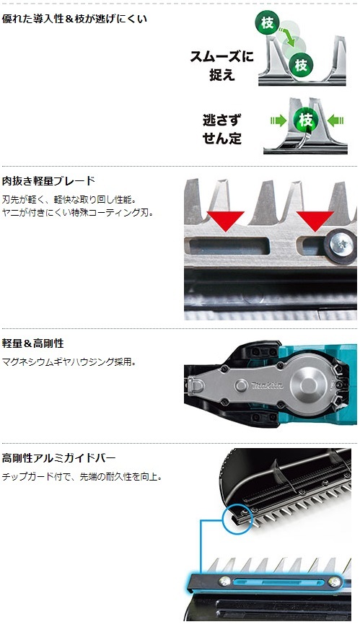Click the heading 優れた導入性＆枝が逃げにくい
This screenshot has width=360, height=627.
click(x=74, y=19)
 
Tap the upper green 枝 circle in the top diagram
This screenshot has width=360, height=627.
click(x=267, y=22)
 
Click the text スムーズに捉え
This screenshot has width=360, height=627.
click(x=221, y=65)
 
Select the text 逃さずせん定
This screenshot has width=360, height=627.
click(x=222, y=128)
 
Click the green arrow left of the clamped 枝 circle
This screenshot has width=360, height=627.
click(x=278, y=120)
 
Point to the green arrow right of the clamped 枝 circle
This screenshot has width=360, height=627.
click(x=335, y=120)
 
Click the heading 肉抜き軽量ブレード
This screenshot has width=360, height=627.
click(x=48, y=181)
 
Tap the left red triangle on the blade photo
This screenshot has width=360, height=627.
click(x=225, y=221)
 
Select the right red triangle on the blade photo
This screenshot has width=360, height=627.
click(x=315, y=221)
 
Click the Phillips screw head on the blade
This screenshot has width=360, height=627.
click(x=341, y=245)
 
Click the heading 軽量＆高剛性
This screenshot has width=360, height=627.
click(x=32, y=343)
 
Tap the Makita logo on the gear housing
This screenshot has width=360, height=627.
click(x=267, y=385)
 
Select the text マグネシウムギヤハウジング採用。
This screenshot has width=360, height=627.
click(x=69, y=362)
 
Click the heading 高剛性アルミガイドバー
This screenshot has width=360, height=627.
click(x=59, y=457)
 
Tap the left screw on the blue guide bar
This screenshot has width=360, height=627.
click(x=224, y=581)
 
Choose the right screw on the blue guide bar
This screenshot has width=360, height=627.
click(x=335, y=582)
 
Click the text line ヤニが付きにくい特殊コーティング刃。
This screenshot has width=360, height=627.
click(x=78, y=213)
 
